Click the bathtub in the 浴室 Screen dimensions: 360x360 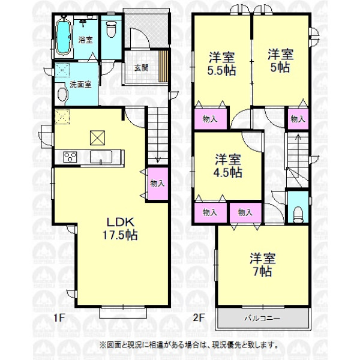(63, 38)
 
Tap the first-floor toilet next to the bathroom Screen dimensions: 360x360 (112, 29)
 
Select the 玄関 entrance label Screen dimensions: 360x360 (141, 68)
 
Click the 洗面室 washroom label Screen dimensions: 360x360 (80, 85)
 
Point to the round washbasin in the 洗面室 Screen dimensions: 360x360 (62, 95)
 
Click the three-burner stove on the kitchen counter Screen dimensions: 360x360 (70, 157)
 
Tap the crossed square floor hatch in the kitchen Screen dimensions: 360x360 (97, 138)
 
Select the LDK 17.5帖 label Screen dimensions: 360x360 (120, 229)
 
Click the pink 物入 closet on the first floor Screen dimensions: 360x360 (157, 184)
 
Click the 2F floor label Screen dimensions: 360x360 (199, 318)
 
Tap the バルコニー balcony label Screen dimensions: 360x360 (262, 319)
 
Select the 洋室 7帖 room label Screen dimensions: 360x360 (262, 265)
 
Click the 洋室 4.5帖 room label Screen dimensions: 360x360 (228, 166)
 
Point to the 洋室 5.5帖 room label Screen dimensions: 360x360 (222, 64)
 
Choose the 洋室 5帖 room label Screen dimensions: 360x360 (280, 61)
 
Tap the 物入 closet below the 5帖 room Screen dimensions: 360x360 (298, 119)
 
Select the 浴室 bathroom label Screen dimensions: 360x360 (85, 40)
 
